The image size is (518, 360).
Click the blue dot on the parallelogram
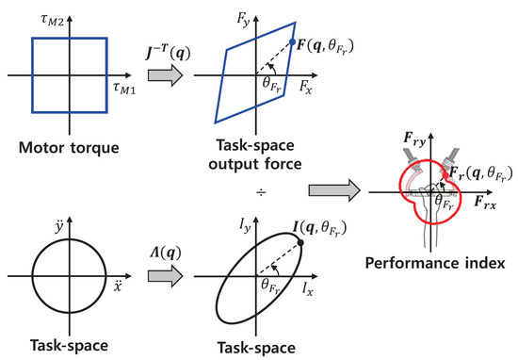click(294, 42)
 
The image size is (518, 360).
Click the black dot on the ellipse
click(300, 243)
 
